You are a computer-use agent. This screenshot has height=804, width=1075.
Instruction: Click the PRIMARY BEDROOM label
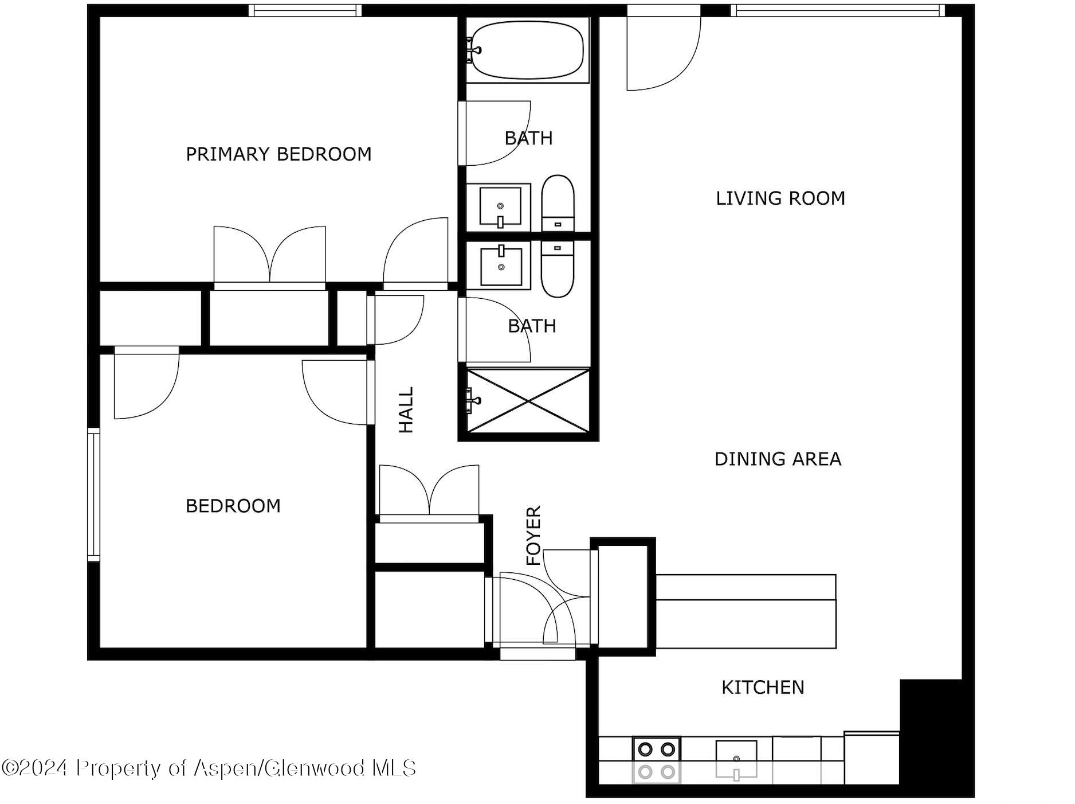(x=278, y=154)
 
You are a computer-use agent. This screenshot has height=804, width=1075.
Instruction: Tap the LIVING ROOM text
(x=780, y=198)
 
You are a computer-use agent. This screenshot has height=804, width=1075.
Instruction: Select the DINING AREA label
(x=778, y=459)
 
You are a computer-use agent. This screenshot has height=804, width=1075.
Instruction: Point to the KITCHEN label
(x=762, y=687)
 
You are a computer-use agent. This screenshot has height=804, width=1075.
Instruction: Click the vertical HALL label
(x=406, y=409)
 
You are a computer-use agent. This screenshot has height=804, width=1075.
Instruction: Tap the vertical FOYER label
(x=533, y=535)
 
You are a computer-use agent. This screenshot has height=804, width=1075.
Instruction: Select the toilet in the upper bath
(x=558, y=203)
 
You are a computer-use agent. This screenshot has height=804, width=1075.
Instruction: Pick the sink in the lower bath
(x=501, y=266)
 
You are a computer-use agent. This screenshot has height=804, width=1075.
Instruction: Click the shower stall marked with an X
(x=528, y=400)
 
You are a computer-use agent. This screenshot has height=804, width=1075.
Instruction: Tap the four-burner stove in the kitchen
(x=656, y=760)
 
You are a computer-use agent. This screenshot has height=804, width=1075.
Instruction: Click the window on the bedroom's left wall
(x=93, y=494)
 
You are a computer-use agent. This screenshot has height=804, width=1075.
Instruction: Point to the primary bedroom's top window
(x=305, y=10)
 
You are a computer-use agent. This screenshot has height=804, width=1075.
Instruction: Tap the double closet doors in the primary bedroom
(x=269, y=255)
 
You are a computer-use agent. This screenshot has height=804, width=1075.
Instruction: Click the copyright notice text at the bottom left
(x=209, y=768)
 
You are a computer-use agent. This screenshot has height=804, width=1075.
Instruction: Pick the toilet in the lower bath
(x=558, y=268)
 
